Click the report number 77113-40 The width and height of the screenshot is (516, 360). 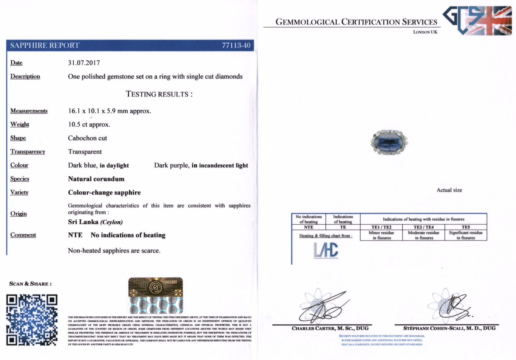pos(236,45)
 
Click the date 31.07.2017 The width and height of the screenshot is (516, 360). pos(84,63)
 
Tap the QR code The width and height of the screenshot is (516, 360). pos(32,320)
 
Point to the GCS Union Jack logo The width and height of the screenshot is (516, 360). pos(477,21)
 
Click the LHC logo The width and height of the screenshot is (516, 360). pos(326,250)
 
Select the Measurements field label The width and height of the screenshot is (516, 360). pos(29,111)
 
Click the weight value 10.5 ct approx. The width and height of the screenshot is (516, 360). pos(89,124)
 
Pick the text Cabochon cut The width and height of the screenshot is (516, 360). pos(87,138)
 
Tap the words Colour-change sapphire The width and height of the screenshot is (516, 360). pos(104,192)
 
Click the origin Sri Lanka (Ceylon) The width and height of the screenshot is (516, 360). pos(95,222)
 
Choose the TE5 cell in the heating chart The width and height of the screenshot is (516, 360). pos(465,227)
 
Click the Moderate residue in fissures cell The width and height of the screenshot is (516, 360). pos(423,235)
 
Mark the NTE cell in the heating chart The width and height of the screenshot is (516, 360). pos(308,227)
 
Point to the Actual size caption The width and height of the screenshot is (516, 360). pos(449,190)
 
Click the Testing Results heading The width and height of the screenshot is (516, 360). pos(159,94)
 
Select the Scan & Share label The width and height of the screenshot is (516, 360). pos(30,284)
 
